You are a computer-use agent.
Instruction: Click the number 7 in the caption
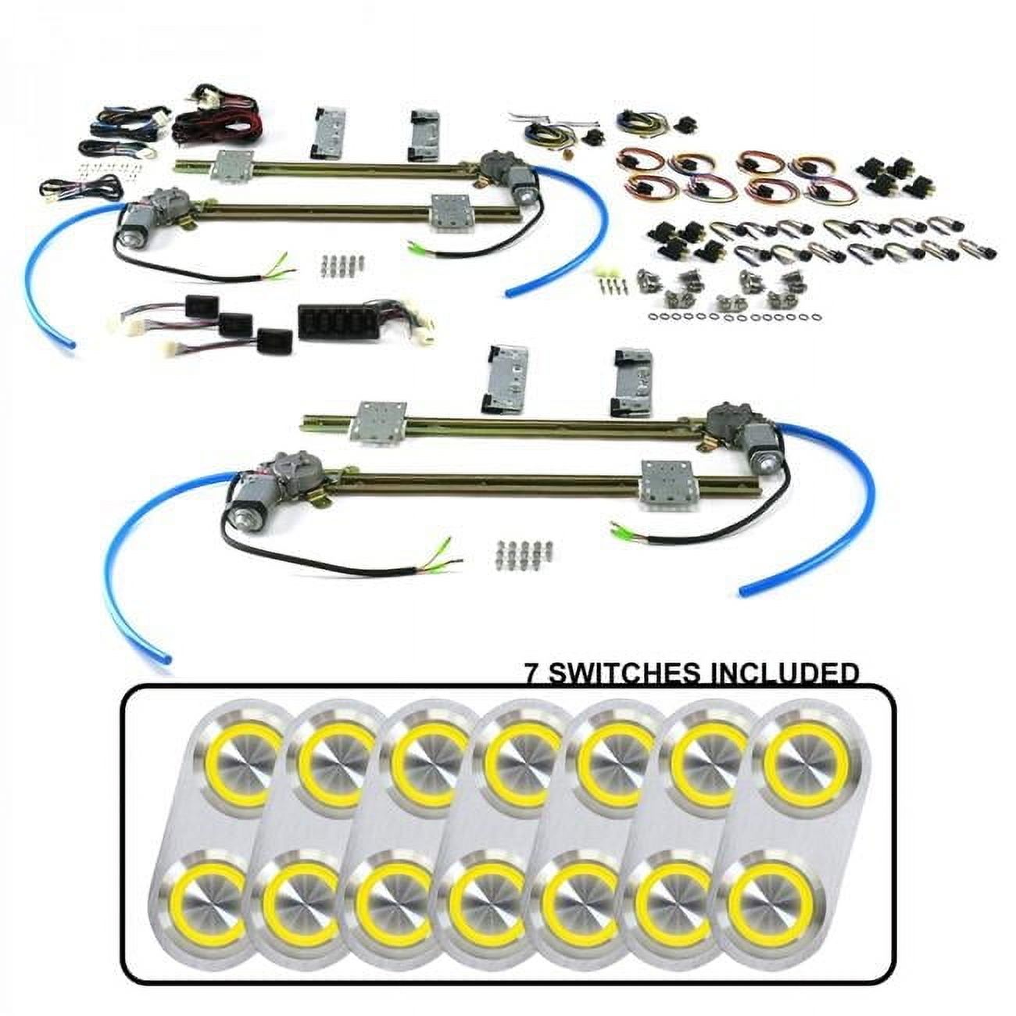tap(531, 673)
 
